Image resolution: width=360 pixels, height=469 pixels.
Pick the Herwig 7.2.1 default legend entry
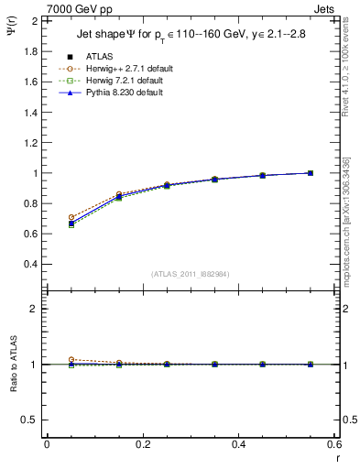121,81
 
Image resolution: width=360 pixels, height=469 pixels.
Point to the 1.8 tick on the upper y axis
31,51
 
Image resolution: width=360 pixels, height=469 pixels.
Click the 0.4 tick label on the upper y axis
31,264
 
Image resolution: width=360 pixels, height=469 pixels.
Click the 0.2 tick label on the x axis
142,444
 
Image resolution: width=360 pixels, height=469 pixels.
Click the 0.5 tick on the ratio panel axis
31,420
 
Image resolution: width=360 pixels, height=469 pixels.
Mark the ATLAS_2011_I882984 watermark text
191,274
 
